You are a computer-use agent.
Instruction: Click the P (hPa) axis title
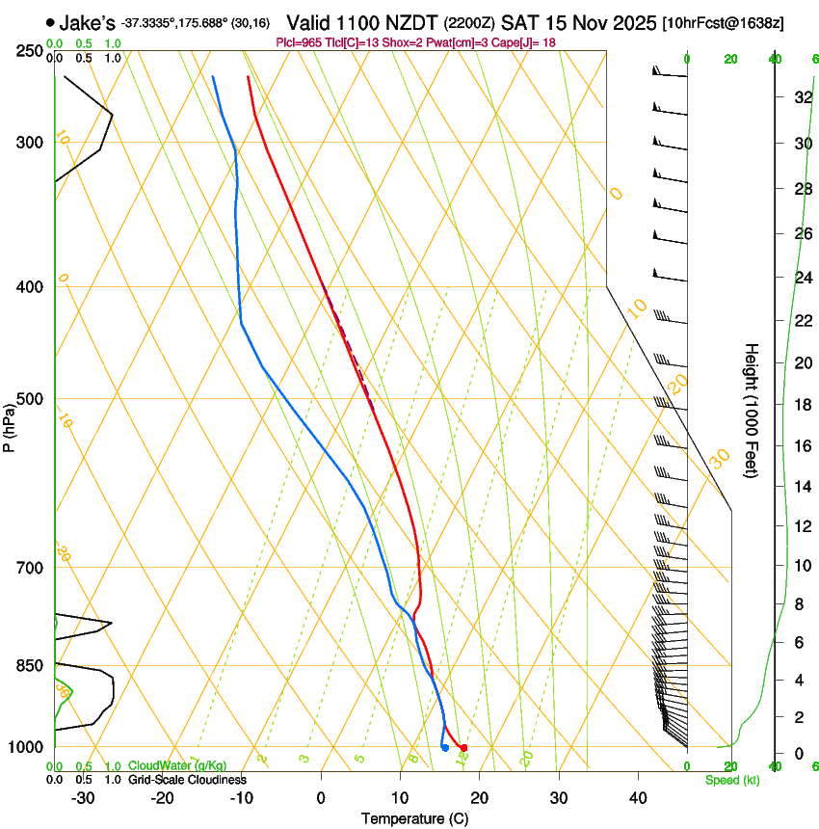pos(10,425)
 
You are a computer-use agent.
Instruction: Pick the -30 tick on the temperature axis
pos(83,798)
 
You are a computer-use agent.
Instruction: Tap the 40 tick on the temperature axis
pos(637,798)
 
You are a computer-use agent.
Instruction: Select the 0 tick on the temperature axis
pos(321,798)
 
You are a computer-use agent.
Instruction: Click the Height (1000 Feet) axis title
pos(752,410)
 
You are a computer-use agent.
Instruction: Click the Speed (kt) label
pos(731,780)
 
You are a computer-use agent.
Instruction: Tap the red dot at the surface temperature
pos(463,748)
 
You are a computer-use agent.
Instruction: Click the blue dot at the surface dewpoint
pos(444,748)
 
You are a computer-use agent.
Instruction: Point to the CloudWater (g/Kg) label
pos(177,766)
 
